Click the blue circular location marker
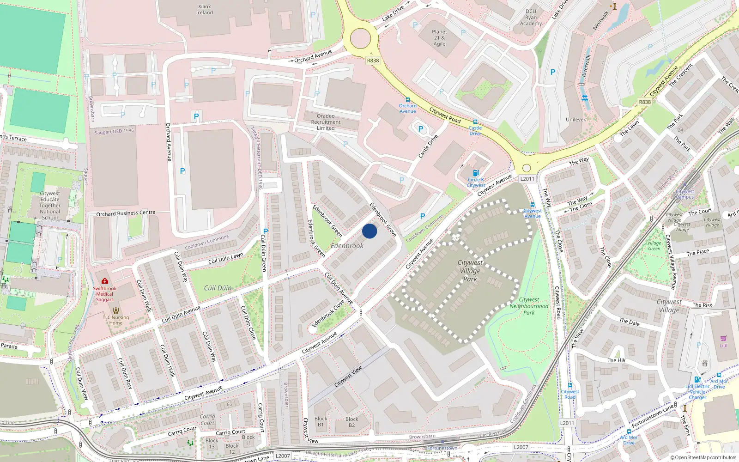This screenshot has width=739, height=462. (x=369, y=231)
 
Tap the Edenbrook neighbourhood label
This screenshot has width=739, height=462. (x=347, y=246)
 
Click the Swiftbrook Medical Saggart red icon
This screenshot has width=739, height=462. (x=105, y=281)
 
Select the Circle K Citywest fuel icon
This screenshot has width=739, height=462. (x=476, y=173)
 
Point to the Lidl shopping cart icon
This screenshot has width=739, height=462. (x=723, y=339)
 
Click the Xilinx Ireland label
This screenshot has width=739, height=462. (x=204, y=10)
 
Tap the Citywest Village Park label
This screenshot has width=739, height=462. (x=470, y=271)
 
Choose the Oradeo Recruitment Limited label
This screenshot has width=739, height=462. (x=326, y=122)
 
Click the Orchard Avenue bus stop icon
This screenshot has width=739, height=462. (x=407, y=100)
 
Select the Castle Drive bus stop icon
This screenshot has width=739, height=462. (x=475, y=122)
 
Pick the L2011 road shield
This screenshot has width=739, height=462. (x=527, y=179)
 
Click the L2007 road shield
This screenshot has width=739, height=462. (x=521, y=447)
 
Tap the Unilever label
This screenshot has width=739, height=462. (x=575, y=120)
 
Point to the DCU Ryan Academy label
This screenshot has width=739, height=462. (x=531, y=18)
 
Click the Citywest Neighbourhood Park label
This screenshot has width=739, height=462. (x=529, y=306)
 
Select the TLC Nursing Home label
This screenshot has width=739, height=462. (x=115, y=320)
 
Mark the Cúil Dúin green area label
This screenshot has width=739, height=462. (x=218, y=288)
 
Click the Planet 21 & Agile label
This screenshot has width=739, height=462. (x=439, y=38)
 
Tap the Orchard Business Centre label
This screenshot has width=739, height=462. (x=126, y=213)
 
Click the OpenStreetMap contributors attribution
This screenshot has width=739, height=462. (x=703, y=457)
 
